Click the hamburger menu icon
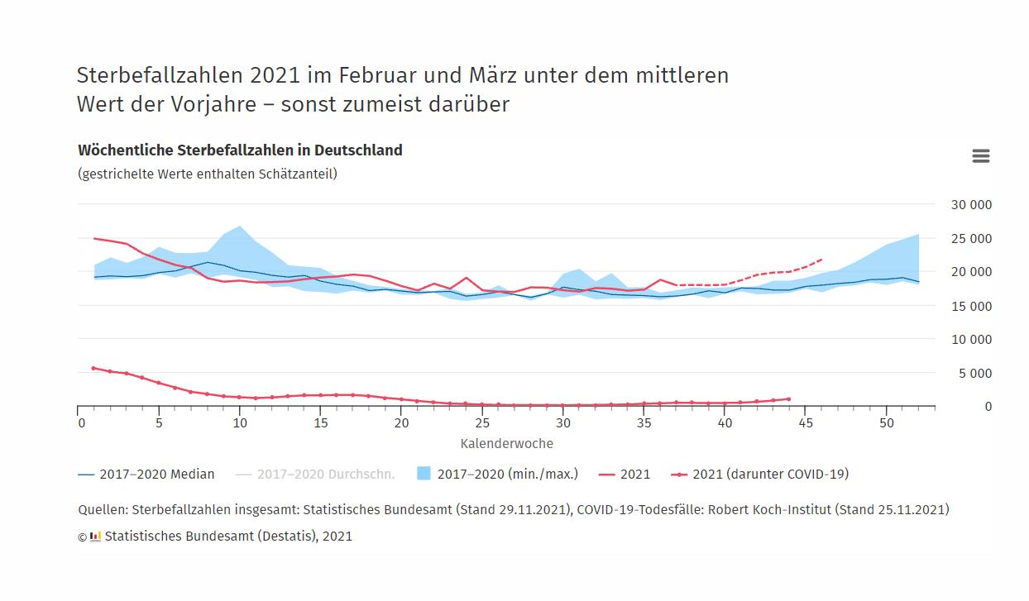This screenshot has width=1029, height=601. click(x=980, y=156)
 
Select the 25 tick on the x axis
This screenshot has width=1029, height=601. click(x=483, y=422)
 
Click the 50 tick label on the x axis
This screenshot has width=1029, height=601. click(x=886, y=422)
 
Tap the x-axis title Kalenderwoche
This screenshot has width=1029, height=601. click(x=506, y=443)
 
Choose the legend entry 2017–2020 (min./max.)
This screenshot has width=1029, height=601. click(x=507, y=475)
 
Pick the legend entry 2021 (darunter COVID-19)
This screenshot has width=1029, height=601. click(x=770, y=475)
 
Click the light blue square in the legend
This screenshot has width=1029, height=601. click(x=424, y=474)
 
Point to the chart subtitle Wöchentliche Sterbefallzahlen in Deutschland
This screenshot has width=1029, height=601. click(x=240, y=150)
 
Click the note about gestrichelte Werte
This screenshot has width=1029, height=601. click(x=208, y=174)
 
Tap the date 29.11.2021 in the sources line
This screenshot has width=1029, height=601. click(x=532, y=509)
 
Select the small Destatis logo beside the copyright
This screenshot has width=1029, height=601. click(x=95, y=536)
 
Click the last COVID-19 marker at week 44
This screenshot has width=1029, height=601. click(x=788, y=399)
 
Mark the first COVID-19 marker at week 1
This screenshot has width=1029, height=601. click(x=93, y=368)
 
